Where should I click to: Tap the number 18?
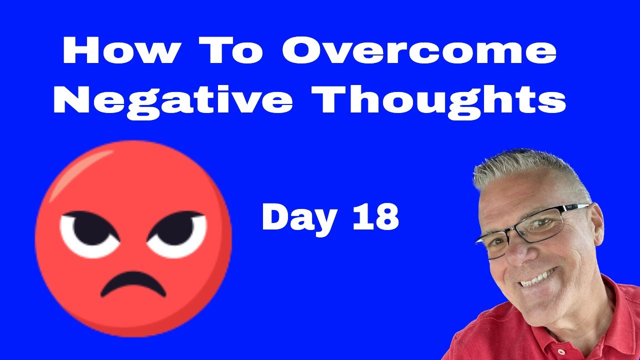click(375, 217)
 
